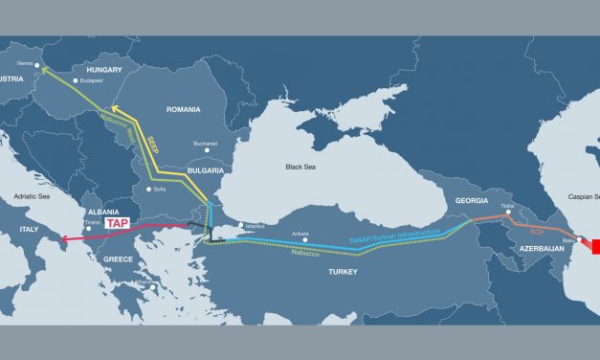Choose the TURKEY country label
[x=342, y=273]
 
